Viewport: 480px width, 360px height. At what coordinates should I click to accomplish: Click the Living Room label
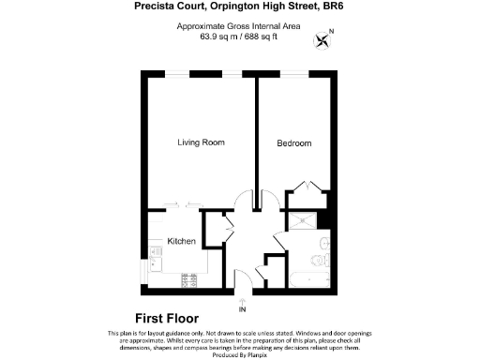point(202,142)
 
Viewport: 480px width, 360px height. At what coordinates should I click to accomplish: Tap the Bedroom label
point(293,143)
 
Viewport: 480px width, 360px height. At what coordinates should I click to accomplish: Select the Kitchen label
point(181,241)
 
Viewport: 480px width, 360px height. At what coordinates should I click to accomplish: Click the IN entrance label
point(242,309)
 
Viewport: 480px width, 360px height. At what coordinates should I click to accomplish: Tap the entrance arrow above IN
point(242,299)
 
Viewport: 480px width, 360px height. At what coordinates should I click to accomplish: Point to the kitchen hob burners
point(189,278)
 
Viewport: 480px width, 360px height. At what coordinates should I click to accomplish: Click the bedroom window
point(296,74)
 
